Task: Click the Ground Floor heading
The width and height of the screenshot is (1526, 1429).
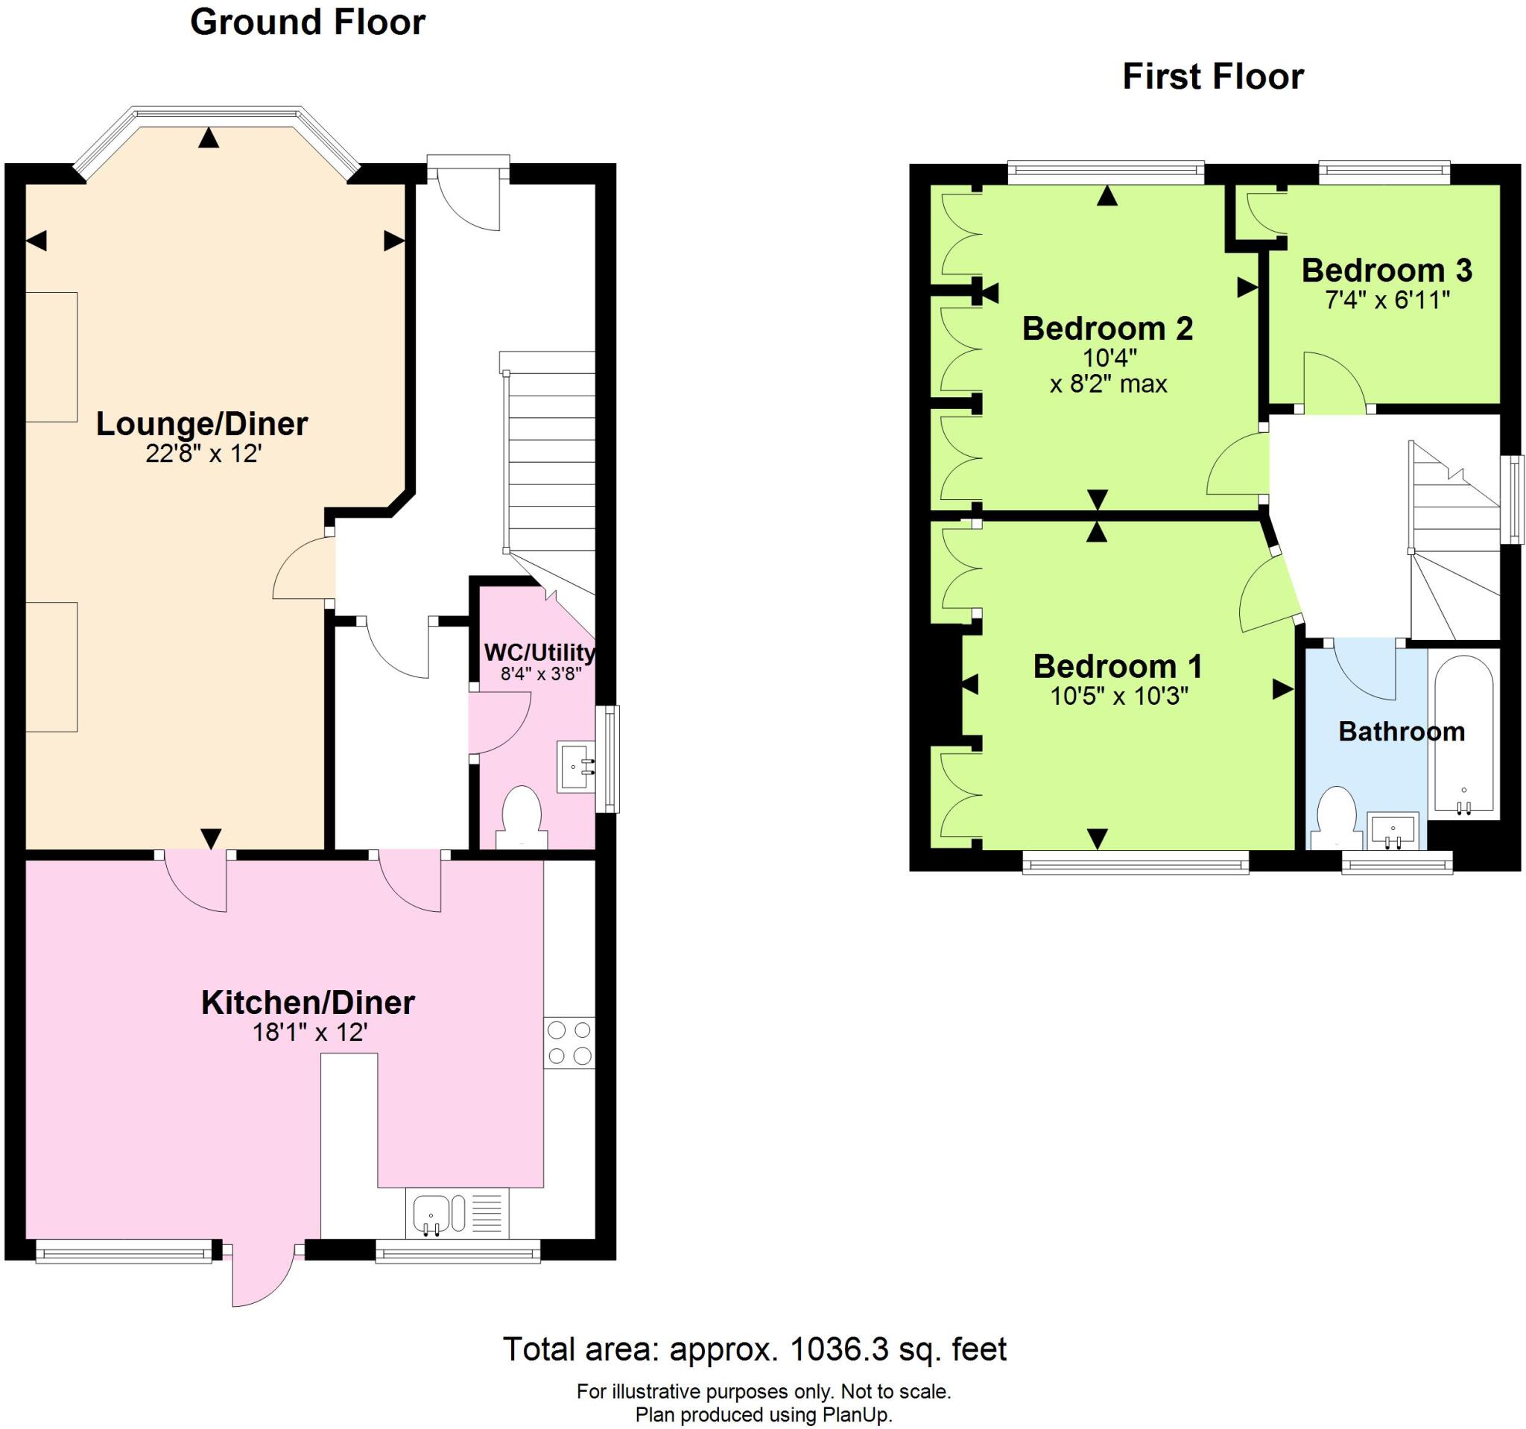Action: tap(307, 22)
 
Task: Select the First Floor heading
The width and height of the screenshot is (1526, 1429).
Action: tap(1212, 77)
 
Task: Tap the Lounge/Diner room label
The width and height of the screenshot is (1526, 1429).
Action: tap(201, 424)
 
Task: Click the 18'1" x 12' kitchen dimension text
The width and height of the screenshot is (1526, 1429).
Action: tap(310, 1032)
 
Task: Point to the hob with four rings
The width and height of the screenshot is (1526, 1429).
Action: tap(569, 1042)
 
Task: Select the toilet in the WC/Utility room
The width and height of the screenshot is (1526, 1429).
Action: tap(521, 815)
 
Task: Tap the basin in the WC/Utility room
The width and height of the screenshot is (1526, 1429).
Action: tap(576, 766)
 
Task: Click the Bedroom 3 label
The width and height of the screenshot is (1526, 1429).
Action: tap(1387, 270)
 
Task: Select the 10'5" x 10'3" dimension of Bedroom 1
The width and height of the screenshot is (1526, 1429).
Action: tap(1118, 696)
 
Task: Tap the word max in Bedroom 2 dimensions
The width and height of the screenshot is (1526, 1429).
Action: tap(1144, 383)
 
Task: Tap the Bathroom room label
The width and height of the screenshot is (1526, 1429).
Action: tap(1401, 732)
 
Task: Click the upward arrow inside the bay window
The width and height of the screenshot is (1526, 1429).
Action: tap(208, 138)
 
